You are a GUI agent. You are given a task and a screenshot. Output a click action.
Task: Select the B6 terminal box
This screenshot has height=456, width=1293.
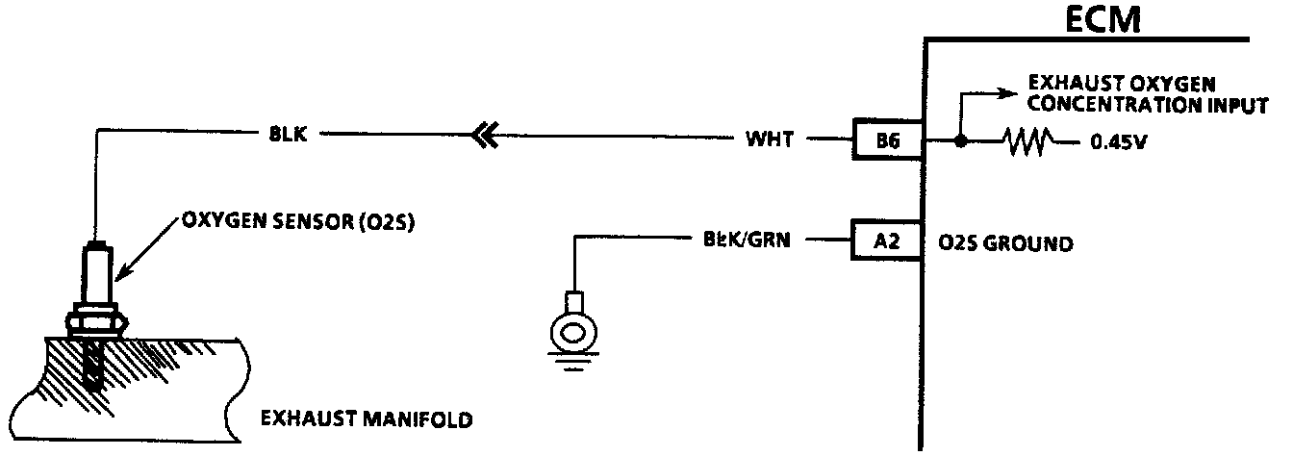click(x=886, y=140)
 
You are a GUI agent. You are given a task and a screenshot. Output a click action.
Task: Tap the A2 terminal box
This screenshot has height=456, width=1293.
click(x=886, y=242)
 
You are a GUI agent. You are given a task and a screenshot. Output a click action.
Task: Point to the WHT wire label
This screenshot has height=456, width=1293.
click(x=770, y=140)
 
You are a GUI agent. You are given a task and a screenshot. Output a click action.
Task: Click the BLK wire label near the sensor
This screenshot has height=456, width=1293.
click(x=288, y=135)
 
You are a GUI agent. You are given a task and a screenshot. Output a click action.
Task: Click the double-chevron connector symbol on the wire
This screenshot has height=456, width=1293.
click(x=483, y=139)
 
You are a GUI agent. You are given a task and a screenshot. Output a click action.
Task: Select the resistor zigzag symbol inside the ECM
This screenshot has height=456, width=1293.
click(x=1027, y=142)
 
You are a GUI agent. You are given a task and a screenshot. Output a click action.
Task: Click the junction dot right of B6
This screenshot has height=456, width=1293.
click(x=959, y=141)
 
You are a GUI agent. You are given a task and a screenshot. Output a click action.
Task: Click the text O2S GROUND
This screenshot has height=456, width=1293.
click(x=1004, y=243)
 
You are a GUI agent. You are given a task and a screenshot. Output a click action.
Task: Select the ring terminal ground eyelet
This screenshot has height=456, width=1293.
click(x=573, y=332)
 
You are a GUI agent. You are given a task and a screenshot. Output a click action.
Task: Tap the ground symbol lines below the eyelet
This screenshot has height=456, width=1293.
click(x=573, y=364)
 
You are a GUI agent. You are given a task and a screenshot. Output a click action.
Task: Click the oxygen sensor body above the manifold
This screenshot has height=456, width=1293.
click(x=95, y=274)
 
